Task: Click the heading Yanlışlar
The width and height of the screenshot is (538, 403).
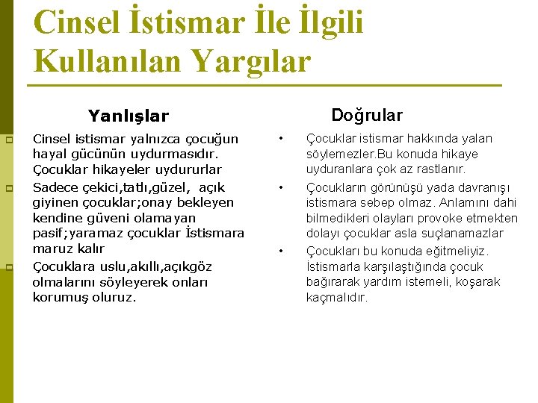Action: click(x=129, y=116)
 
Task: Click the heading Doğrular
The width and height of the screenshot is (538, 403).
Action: click(x=366, y=115)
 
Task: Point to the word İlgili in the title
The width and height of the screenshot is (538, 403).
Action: click(x=325, y=22)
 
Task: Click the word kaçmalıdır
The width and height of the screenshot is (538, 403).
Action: click(x=337, y=297)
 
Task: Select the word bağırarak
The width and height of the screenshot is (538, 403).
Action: click(x=334, y=282)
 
